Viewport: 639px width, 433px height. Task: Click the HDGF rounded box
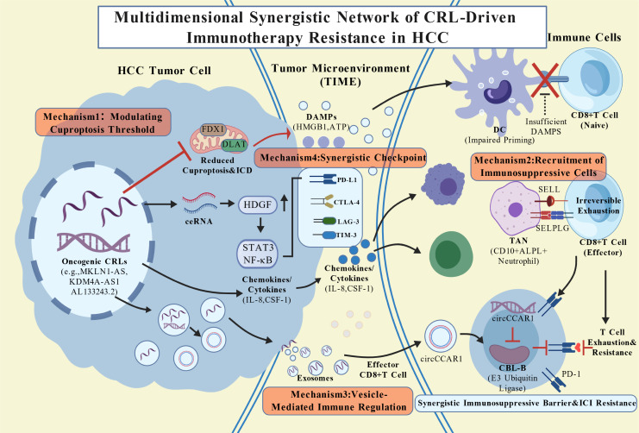coord(257,204)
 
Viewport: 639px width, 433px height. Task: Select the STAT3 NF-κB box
coord(259,254)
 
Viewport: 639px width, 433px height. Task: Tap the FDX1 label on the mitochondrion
coord(213,129)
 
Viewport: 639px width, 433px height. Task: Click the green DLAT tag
coord(234,144)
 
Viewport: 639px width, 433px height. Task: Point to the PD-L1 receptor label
coord(347,179)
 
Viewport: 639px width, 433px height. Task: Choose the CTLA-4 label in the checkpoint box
coord(347,202)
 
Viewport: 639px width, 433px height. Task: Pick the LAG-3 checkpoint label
coord(348,222)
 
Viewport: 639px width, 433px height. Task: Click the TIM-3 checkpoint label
coord(347,235)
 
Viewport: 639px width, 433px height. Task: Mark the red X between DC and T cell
coord(545,79)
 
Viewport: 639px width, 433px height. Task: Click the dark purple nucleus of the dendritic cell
coord(498,91)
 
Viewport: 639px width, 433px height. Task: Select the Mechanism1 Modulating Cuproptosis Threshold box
coord(103,122)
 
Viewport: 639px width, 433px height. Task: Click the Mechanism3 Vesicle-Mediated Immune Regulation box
coord(338,400)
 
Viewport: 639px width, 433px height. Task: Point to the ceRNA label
coord(198,222)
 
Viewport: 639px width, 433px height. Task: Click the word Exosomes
coord(315,378)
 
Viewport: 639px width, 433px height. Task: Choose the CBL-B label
coord(512,367)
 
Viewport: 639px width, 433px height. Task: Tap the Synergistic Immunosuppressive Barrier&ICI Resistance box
coord(526,403)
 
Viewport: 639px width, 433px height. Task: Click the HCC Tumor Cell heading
coord(164,71)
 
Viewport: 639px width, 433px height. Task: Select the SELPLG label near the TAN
coord(552,229)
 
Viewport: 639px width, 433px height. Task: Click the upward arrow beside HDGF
coord(285,203)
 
